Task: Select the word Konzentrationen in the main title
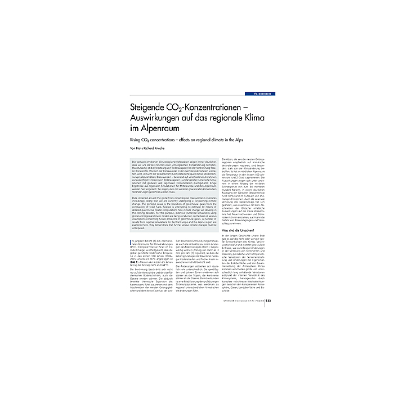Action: click(x=220, y=107)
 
